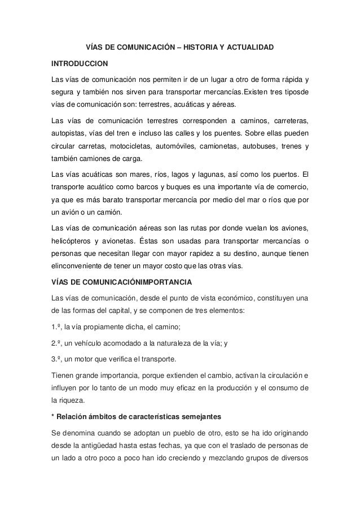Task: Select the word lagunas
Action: point(202,172)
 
